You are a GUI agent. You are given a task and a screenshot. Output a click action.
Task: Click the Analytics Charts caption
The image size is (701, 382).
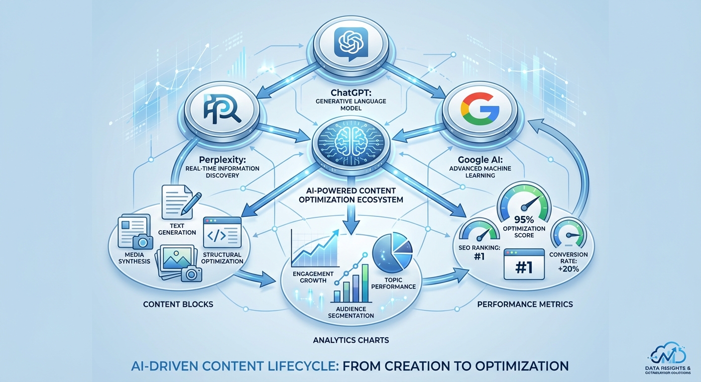350,340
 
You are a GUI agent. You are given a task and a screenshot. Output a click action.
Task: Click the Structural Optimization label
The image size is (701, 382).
222,258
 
